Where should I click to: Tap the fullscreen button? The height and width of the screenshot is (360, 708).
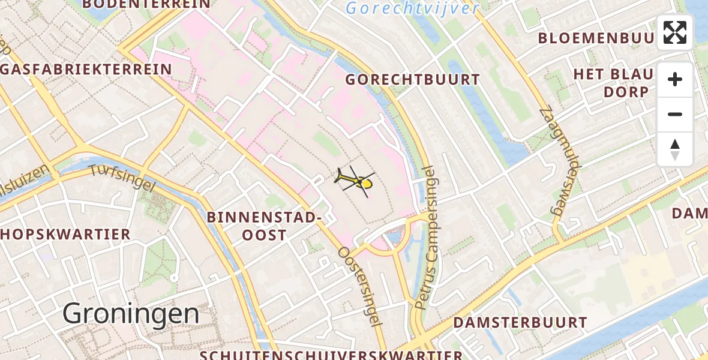coord(675,32)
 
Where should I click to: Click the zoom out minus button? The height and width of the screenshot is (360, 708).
coord(675,114)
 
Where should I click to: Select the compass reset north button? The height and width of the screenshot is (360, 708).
coord(675,149)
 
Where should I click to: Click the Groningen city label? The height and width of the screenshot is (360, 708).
coord(131,313)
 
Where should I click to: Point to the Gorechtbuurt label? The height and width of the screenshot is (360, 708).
coord(413,80)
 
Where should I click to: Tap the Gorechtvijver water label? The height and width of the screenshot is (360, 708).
coord(413,8)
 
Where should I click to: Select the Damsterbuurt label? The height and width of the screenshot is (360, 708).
coord(520,323)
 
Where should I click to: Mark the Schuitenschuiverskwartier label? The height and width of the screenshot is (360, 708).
coord(331,355)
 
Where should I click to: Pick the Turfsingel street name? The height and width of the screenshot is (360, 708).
coord(121,178)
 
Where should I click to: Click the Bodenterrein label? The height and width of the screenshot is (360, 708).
coord(146,4)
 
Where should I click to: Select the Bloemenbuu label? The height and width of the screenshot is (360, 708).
coord(595,38)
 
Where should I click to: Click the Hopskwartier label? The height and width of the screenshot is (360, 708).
coord(65,234)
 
